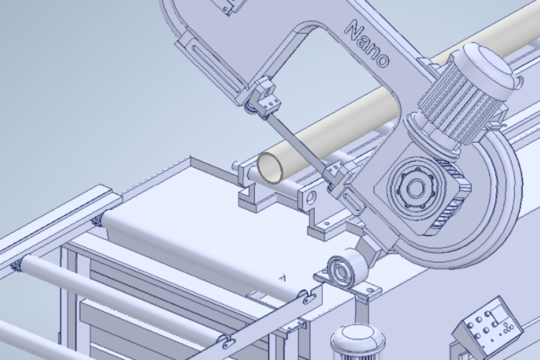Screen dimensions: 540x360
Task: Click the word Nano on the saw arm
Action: click(x=367, y=44)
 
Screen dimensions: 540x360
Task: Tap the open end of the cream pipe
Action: click(x=270, y=168)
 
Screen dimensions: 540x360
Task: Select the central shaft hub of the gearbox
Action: click(x=415, y=188)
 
